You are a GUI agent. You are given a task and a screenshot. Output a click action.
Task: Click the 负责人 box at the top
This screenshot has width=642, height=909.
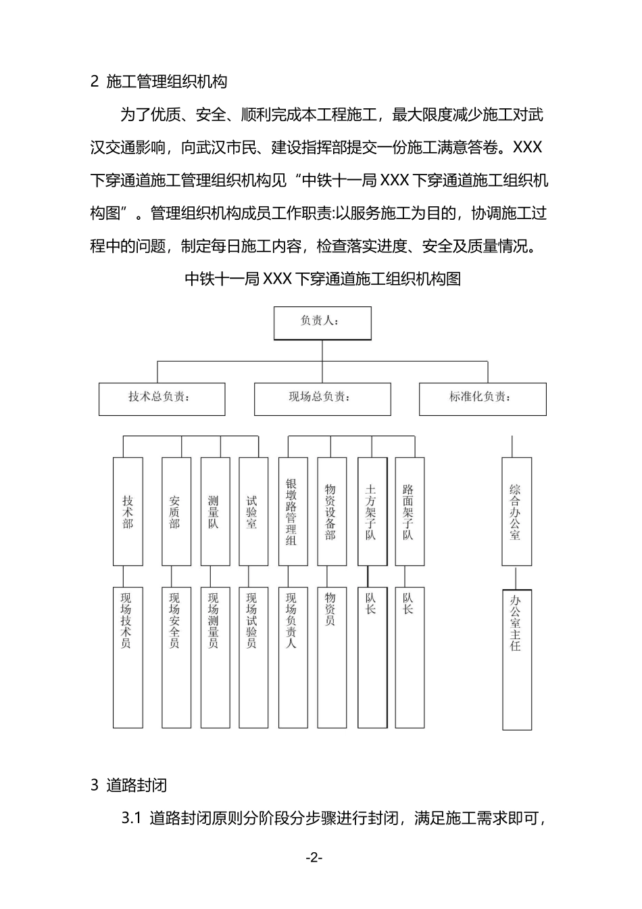pos(322,323)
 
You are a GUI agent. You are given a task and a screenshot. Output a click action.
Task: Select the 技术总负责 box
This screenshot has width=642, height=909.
pos(162,399)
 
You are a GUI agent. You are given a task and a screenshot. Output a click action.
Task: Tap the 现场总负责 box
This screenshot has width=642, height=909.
pos(322,399)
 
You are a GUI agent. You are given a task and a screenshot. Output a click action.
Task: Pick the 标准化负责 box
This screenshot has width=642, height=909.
pos(483,399)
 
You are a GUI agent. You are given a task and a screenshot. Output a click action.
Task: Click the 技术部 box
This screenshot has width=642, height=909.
pos(128,511)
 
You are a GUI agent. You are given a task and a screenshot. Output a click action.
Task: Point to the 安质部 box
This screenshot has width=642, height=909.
pos(176,511)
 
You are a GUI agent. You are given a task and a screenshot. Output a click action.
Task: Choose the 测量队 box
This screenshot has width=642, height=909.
pos(214,511)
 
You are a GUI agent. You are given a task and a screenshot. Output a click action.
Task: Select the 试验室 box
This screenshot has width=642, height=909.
pos(253,511)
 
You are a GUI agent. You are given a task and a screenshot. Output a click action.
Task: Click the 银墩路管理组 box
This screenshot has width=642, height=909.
pos(292,511)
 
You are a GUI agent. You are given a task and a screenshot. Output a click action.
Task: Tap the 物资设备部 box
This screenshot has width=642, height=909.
pos(331,511)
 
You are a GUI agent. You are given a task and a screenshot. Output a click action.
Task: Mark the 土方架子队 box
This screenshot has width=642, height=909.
pos(372,511)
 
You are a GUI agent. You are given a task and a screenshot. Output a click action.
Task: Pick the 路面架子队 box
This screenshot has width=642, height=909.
pos(410,511)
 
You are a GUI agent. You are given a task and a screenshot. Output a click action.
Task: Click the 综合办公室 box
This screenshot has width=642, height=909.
pos(516,511)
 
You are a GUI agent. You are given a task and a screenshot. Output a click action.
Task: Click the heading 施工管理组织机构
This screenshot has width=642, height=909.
pos(167,82)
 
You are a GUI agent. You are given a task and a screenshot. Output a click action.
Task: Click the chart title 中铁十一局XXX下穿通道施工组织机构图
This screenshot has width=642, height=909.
pos(322,279)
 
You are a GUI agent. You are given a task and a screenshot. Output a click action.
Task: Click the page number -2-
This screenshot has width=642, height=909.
pos(314,858)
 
